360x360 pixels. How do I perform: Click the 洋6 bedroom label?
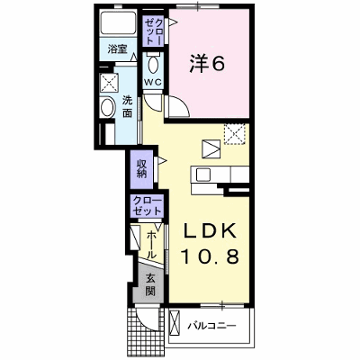[x=207, y=64]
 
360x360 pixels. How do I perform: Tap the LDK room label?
[x=209, y=230]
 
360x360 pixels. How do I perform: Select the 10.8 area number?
[x=209, y=256]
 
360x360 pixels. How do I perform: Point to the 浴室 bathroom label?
[x=117, y=49]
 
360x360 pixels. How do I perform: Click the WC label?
[x=153, y=82]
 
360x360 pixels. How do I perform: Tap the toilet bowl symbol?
[x=154, y=63]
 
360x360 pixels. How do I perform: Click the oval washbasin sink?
[x=108, y=108]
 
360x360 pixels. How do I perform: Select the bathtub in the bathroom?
[x=119, y=23]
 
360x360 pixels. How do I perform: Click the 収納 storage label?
[x=141, y=169]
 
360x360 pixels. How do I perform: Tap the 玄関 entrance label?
[x=150, y=285]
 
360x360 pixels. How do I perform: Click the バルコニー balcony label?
[x=212, y=326]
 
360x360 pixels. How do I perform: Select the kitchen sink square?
[x=203, y=174]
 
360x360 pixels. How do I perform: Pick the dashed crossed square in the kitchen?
[x=235, y=134]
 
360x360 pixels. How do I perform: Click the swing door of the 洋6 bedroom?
[x=179, y=106]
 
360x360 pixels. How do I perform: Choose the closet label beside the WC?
[x=154, y=31]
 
